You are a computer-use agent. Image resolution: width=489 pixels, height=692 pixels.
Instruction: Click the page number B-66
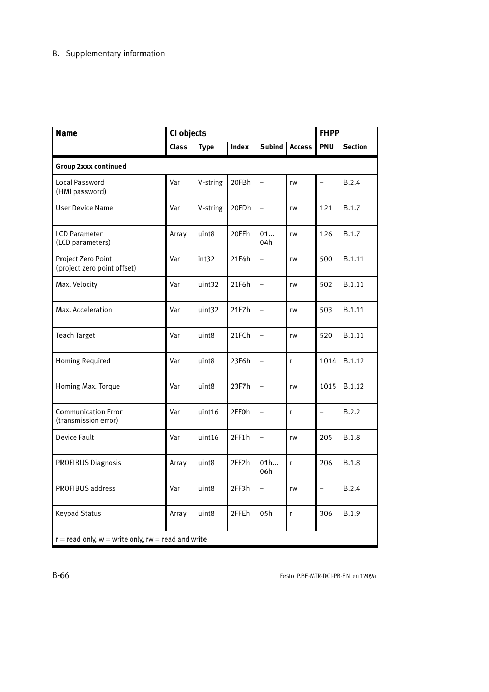[x=60, y=575]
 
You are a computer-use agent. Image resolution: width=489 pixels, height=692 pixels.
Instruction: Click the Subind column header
[x=271, y=147]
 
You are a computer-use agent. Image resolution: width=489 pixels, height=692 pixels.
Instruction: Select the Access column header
[x=300, y=147]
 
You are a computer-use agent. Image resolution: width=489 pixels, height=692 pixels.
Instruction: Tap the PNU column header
[x=327, y=147]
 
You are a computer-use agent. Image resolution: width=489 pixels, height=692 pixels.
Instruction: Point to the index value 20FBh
[x=240, y=182]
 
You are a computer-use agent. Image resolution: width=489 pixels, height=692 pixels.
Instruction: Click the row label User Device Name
[x=84, y=208]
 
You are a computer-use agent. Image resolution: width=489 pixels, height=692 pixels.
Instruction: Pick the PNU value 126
[x=326, y=234]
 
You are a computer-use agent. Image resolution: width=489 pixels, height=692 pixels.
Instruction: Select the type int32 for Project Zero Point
[x=206, y=259]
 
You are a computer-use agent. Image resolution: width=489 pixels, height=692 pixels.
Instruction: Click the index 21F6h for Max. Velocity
[x=240, y=284]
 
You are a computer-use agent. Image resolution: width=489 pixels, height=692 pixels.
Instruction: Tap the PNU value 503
[x=326, y=310]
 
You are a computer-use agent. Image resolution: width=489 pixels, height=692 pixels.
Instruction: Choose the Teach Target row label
[x=75, y=335]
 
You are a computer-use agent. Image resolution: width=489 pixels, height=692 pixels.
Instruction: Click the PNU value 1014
[x=328, y=361]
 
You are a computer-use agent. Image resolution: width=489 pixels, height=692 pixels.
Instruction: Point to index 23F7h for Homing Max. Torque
[x=240, y=386]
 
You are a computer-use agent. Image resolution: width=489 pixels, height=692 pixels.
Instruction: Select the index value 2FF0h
[x=240, y=412]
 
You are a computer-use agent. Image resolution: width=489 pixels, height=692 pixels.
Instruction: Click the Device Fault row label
[x=75, y=437]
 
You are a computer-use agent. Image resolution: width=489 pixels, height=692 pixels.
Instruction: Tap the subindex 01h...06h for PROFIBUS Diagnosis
[x=269, y=467]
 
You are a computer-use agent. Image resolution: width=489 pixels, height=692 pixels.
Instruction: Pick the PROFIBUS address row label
[x=86, y=488]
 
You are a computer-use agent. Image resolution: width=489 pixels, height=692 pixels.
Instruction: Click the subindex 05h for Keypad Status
[x=266, y=513]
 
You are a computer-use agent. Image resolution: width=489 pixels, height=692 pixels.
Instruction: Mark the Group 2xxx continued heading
[x=91, y=166]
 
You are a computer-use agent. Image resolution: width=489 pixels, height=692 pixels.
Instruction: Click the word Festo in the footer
[x=287, y=576]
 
